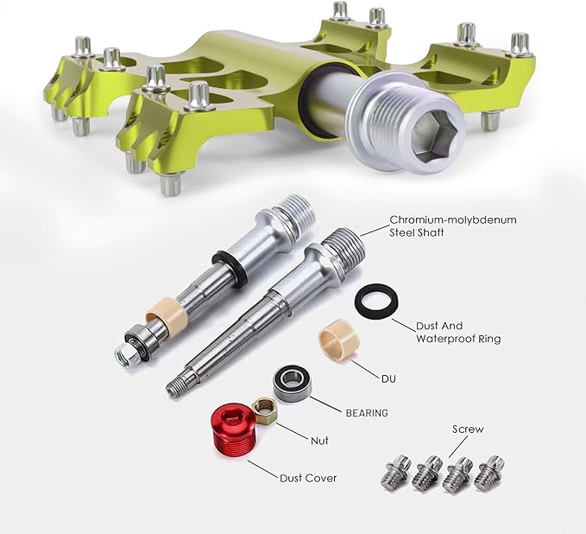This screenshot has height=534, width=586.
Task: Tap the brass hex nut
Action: (x=264, y=411)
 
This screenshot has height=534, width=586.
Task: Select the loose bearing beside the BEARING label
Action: (x=292, y=383)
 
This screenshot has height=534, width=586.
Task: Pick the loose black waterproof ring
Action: (x=375, y=301)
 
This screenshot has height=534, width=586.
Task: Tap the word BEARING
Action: (x=367, y=413)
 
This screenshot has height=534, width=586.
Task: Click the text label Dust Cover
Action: (x=308, y=478)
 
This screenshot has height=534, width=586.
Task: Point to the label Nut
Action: (x=319, y=441)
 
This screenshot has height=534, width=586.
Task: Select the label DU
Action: (x=388, y=379)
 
